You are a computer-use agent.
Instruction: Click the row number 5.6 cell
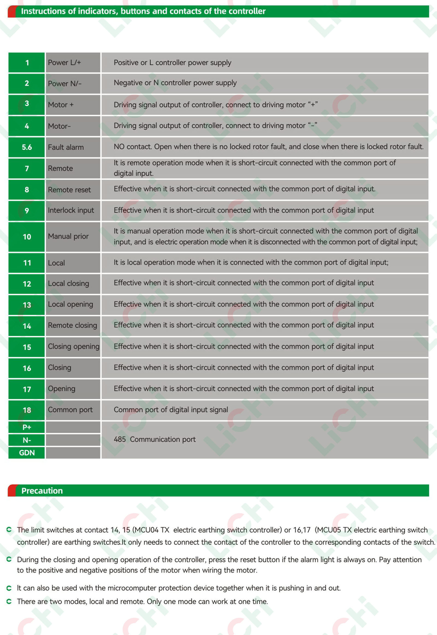coord(26,147)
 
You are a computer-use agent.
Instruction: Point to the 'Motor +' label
coord(61,105)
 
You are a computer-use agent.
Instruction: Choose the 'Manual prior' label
coord(68,236)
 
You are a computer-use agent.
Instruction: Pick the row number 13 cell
coord(26,305)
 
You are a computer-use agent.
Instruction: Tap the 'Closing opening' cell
coord(73,347)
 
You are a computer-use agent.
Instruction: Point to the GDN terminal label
coord(26,453)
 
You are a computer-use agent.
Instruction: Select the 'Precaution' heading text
coord(42,491)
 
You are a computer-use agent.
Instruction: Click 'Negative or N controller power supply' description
coord(175,83)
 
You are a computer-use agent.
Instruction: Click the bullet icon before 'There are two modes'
coord(9,601)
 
